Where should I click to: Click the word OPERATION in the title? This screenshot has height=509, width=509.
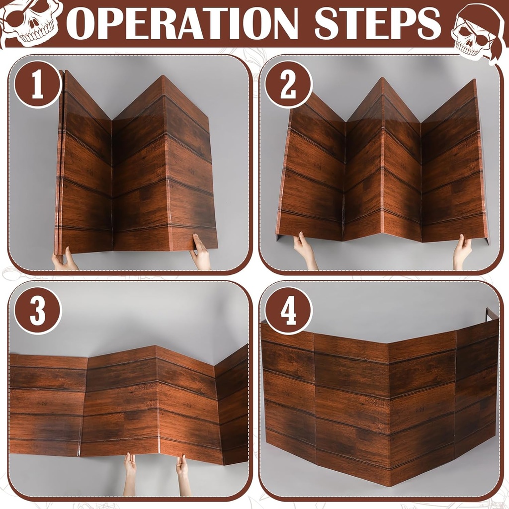coord(182,23)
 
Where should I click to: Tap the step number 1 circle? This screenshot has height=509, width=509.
coord(37,85)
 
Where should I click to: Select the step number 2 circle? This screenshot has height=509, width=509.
coord(288,85)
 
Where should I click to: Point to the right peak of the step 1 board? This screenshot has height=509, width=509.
coord(163,77)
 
